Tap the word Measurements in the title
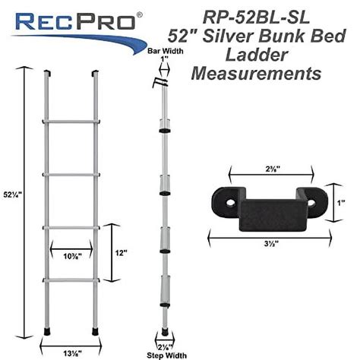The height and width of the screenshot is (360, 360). coord(257,74)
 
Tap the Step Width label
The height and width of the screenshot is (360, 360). coord(164,353)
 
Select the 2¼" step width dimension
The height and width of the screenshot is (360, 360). coord(164,344)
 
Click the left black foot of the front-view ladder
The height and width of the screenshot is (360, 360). coord(48,332)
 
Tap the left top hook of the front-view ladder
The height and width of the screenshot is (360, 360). coord(47,73)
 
